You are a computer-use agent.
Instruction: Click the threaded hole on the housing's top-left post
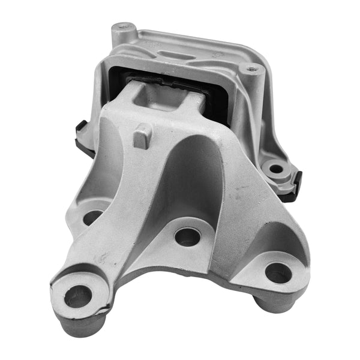pos(124,26)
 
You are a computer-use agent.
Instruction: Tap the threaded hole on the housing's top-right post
pos(251,69)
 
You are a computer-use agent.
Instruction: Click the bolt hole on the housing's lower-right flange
pos(275,169)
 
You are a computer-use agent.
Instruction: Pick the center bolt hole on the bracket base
pos(187,236)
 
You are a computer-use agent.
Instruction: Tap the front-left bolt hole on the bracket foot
pos(78,294)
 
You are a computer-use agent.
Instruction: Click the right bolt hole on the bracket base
pos(278,273)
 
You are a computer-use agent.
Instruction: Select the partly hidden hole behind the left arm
pos(92,217)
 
